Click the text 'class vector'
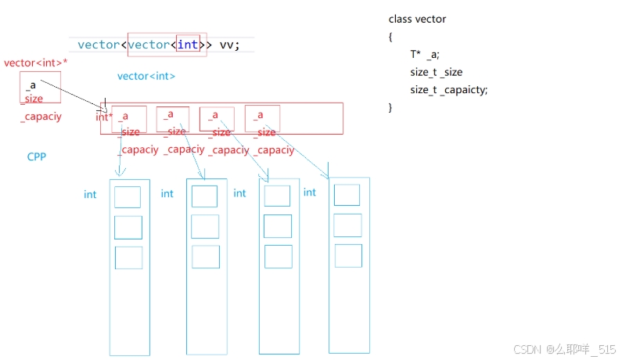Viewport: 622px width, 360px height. point(417,19)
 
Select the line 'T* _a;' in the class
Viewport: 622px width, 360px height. point(425,54)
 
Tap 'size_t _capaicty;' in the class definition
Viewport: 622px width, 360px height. point(448,90)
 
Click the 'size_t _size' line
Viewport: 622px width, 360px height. point(436,72)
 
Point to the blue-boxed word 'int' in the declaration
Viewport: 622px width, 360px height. point(188,45)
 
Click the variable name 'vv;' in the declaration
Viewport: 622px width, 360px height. point(230,45)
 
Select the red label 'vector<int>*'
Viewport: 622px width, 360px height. point(35,63)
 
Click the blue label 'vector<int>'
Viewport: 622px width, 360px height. point(146,76)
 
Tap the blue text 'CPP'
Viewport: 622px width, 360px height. point(37,157)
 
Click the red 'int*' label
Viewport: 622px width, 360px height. point(105,117)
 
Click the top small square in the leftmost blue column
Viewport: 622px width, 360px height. point(128,196)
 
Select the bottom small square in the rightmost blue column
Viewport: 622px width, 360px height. point(348,255)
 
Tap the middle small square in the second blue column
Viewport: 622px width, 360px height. point(204,226)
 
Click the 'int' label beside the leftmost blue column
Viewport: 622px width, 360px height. point(90,194)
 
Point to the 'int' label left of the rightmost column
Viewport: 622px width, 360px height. point(310,193)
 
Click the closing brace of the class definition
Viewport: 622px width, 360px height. point(390,107)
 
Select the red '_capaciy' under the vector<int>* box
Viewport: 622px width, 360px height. point(41,117)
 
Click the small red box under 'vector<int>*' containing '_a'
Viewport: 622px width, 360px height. point(40,87)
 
